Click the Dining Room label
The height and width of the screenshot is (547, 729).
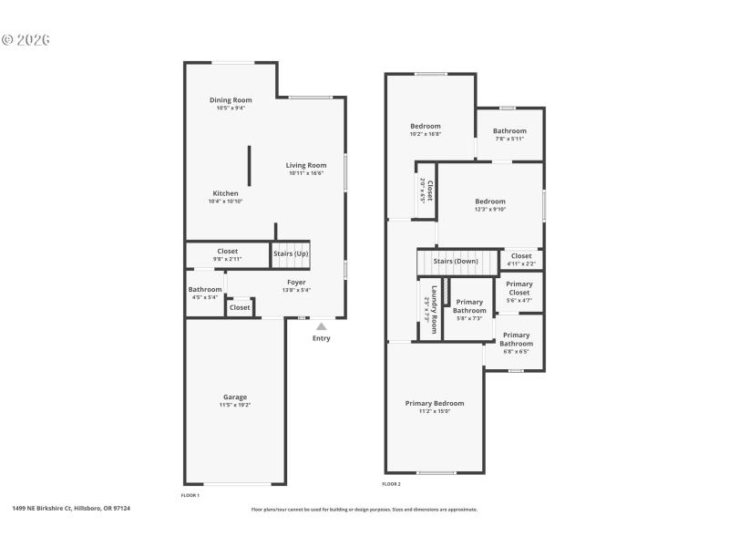[231, 100]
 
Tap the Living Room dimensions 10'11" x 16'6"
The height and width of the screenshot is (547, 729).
[306, 173]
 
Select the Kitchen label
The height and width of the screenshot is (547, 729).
[226, 193]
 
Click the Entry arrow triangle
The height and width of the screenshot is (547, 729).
[321, 325]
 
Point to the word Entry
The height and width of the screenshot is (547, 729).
[321, 338]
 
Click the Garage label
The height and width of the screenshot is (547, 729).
[235, 397]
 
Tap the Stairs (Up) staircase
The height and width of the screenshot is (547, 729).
[291, 254]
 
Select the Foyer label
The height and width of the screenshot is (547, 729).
[296, 283]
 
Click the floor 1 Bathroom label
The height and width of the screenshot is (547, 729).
[205, 289]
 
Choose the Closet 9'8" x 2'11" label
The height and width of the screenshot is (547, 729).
[227, 252]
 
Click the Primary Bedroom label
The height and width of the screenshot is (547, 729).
[435, 403]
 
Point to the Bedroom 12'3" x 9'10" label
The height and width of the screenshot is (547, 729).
[490, 201]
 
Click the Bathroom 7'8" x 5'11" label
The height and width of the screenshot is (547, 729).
[510, 131]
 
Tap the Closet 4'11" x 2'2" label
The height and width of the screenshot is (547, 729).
[521, 256]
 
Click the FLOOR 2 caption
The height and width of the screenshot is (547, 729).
[391, 484]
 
